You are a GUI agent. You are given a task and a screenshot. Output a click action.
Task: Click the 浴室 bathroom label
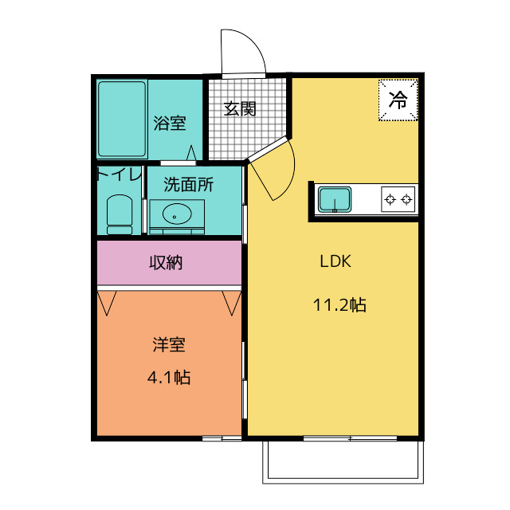pyautogui.click(x=170, y=124)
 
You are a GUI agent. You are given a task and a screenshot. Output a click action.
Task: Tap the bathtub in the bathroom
pyautogui.click(x=122, y=120)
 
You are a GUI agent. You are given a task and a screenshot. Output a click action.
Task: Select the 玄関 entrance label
pyautogui.click(x=239, y=109)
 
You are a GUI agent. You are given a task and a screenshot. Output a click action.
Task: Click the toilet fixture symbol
pyautogui.click(x=120, y=214)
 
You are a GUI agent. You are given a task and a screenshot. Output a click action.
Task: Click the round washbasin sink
pyautogui.click(x=176, y=214)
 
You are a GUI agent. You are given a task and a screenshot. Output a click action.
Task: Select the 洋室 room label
pyautogui.click(x=169, y=345)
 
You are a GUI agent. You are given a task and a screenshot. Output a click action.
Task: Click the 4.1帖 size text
pyautogui.click(x=169, y=378)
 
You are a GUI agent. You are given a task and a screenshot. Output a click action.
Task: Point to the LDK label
pyautogui.click(x=335, y=261)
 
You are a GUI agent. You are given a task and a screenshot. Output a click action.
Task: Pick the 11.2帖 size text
pyautogui.click(x=339, y=304)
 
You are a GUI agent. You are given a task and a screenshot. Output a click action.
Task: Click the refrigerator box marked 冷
pyautogui.click(x=398, y=100)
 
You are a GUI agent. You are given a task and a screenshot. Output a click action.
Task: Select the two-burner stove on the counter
pyautogui.click(x=398, y=199)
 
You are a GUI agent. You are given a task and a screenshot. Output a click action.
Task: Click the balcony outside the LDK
pyautogui.click(x=343, y=462)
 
